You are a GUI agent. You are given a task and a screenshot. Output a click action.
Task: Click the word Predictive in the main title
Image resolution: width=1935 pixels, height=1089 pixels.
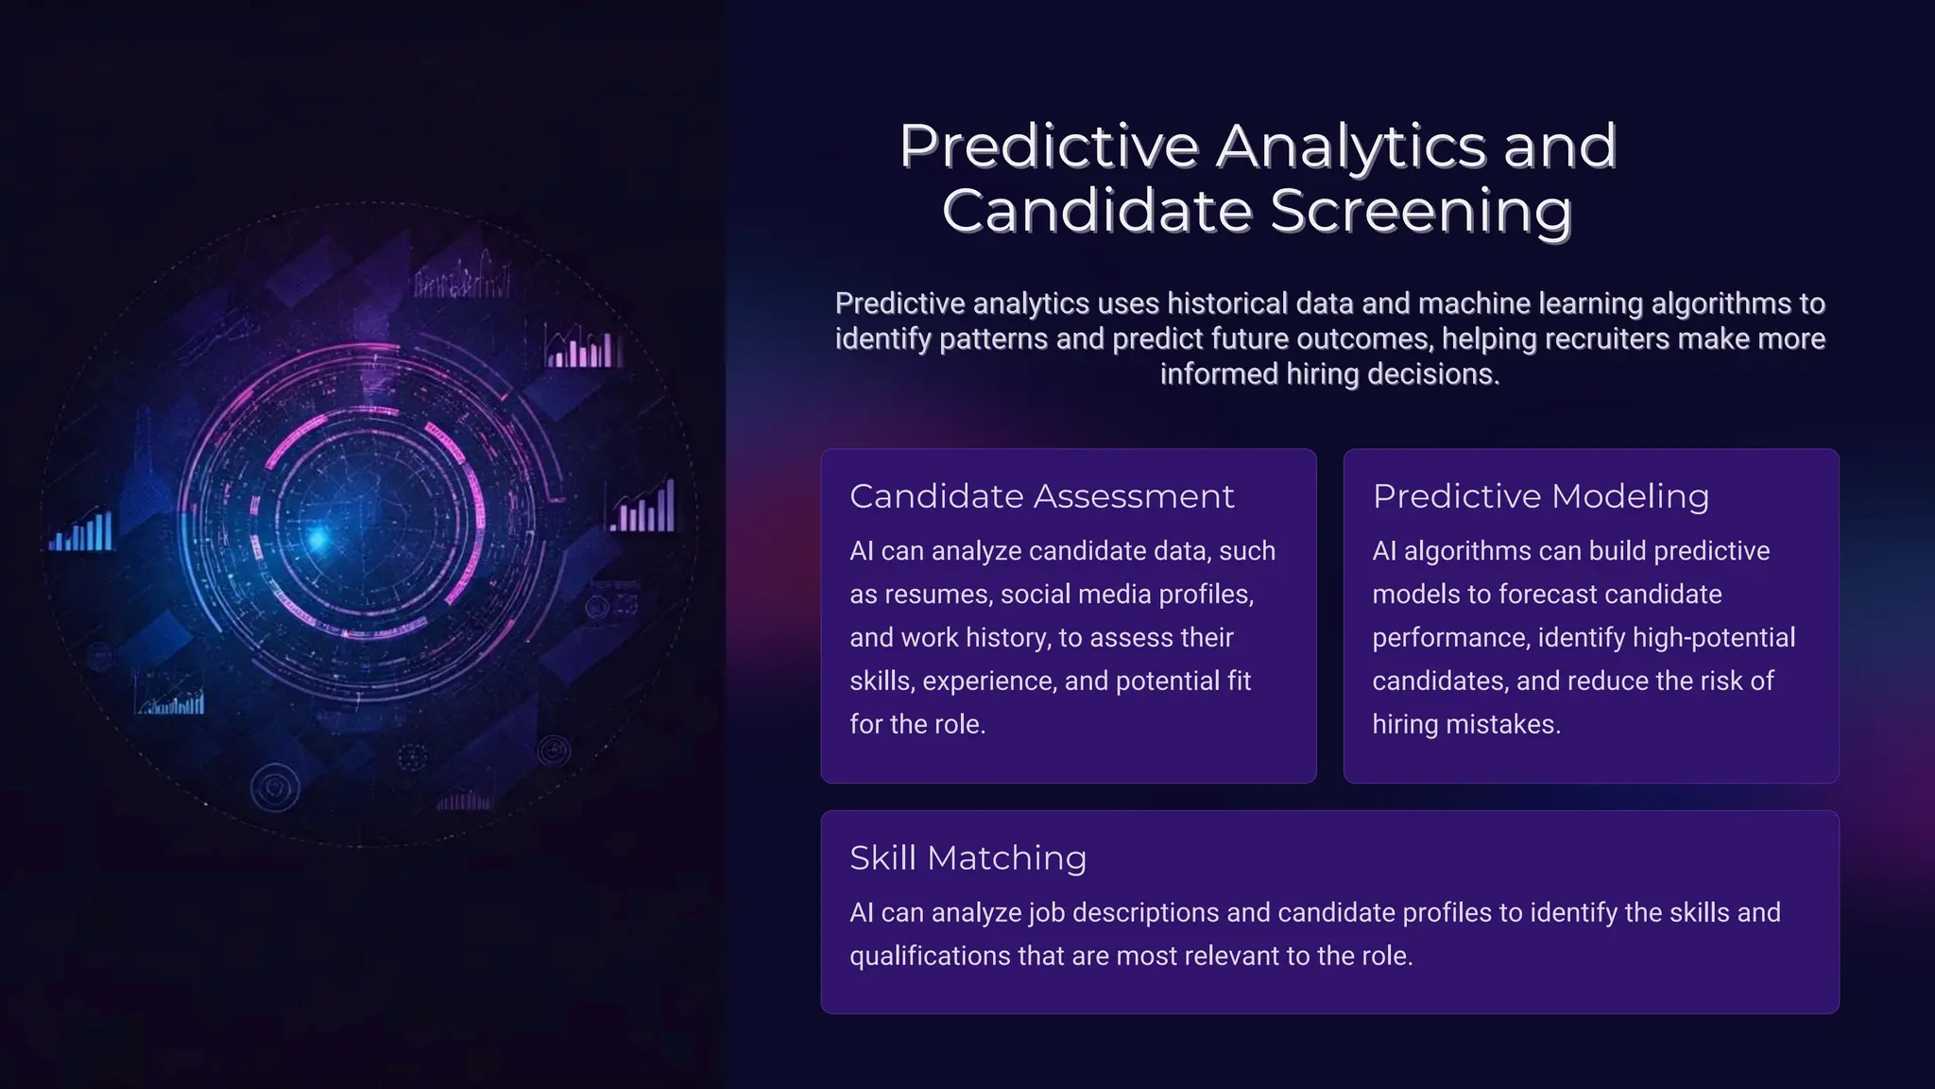coord(1049,147)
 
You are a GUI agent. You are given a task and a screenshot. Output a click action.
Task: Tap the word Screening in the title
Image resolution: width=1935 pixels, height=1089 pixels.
coord(1421,211)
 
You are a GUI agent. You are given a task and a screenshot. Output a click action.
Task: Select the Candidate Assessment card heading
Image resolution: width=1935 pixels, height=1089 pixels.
coord(1041,496)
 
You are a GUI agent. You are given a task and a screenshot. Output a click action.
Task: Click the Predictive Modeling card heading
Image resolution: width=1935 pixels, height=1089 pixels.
coord(1540,496)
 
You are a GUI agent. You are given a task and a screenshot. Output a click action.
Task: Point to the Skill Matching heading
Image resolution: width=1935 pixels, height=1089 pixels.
coord(967,858)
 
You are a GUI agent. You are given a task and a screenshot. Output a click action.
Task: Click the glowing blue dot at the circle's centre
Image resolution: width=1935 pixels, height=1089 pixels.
coord(318,540)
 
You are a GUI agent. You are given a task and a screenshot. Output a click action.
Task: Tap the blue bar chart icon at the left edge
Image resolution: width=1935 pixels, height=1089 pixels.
coord(82,531)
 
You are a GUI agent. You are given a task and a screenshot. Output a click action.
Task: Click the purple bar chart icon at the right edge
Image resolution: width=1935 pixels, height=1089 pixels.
coord(644,508)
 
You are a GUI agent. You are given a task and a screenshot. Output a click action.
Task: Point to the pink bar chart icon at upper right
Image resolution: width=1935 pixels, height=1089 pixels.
coord(584,348)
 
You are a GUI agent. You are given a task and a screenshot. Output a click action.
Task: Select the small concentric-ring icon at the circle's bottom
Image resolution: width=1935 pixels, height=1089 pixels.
coord(275,788)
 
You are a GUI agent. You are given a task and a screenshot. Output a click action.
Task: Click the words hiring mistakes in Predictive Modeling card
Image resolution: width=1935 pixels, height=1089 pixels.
coord(1465,725)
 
